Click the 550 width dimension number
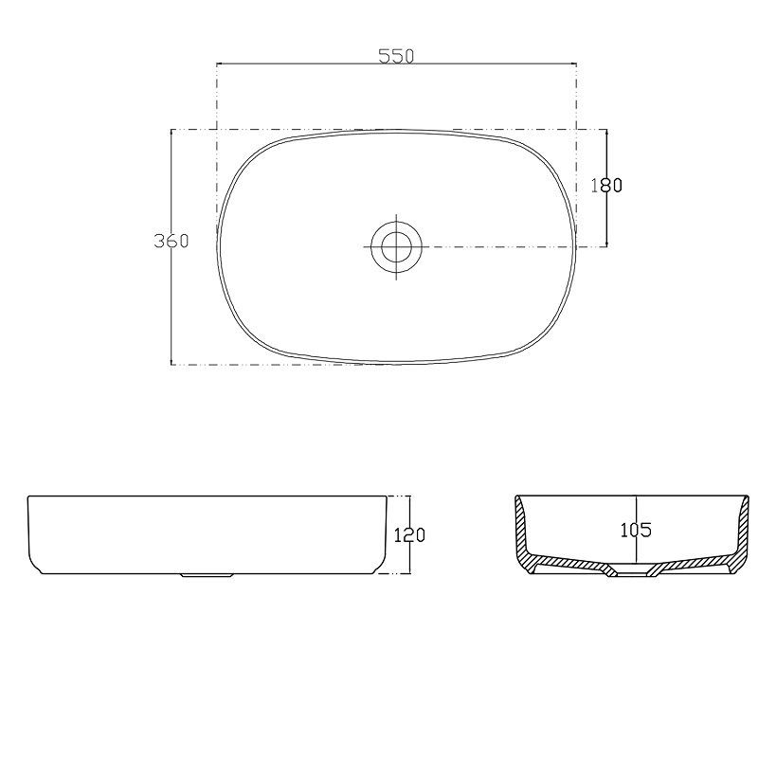tap(396, 57)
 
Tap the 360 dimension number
tap(171, 241)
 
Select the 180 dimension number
tap(606, 185)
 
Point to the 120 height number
tap(409, 535)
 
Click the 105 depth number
tap(636, 531)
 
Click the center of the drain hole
tap(396, 247)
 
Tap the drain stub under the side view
tap(207, 575)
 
